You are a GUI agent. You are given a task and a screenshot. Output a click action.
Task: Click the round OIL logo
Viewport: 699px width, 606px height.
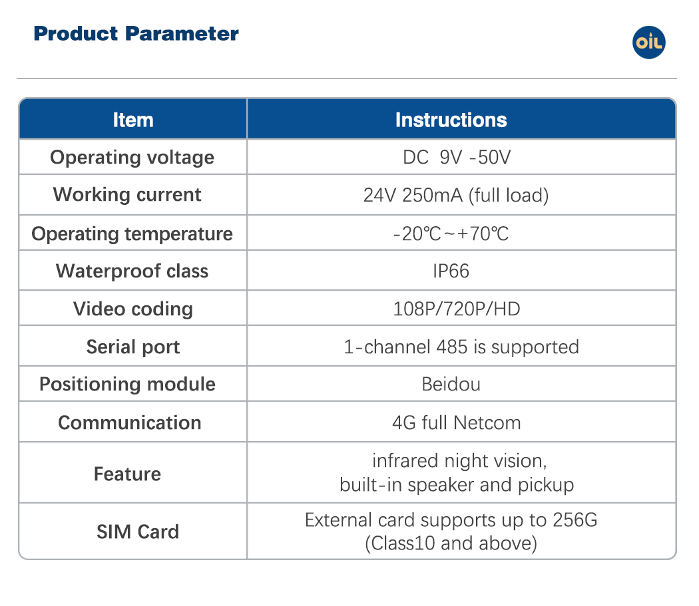click(x=648, y=43)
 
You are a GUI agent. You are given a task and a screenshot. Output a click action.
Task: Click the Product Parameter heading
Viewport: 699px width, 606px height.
click(x=136, y=34)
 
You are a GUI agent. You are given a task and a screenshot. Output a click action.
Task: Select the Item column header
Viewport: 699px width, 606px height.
click(x=133, y=120)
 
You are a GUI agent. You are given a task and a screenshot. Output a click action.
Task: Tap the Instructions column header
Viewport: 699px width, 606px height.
click(x=451, y=120)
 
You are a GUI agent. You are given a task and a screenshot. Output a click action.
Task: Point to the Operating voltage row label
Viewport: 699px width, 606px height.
click(x=132, y=158)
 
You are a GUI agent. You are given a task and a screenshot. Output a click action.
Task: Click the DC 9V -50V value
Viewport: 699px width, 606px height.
click(x=457, y=157)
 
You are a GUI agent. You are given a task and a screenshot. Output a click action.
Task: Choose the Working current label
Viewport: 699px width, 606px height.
click(x=127, y=195)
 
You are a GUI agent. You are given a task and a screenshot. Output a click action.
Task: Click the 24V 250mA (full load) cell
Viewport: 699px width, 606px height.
click(x=456, y=195)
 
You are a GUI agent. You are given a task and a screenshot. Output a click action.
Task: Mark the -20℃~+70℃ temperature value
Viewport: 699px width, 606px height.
click(x=451, y=233)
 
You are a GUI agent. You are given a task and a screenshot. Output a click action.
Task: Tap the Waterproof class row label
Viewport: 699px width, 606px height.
click(x=132, y=271)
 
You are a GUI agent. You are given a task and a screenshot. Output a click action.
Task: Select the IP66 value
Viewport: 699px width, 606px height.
click(x=451, y=271)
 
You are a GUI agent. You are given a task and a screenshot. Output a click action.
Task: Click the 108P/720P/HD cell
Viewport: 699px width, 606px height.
click(x=457, y=309)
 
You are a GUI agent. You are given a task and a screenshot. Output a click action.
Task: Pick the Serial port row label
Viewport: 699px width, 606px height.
click(x=133, y=347)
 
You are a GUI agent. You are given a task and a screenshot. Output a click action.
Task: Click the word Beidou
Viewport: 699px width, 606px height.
click(x=451, y=384)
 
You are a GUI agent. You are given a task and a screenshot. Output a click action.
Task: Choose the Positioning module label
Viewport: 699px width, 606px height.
click(x=128, y=384)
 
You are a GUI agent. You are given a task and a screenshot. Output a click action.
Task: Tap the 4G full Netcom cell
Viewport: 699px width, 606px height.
click(x=457, y=422)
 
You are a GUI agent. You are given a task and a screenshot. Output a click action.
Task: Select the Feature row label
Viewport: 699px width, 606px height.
click(x=128, y=474)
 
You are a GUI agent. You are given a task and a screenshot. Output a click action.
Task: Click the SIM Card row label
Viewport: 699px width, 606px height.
click(x=138, y=531)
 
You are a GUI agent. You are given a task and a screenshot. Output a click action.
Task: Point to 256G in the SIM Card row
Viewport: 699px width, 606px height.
click(x=575, y=520)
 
